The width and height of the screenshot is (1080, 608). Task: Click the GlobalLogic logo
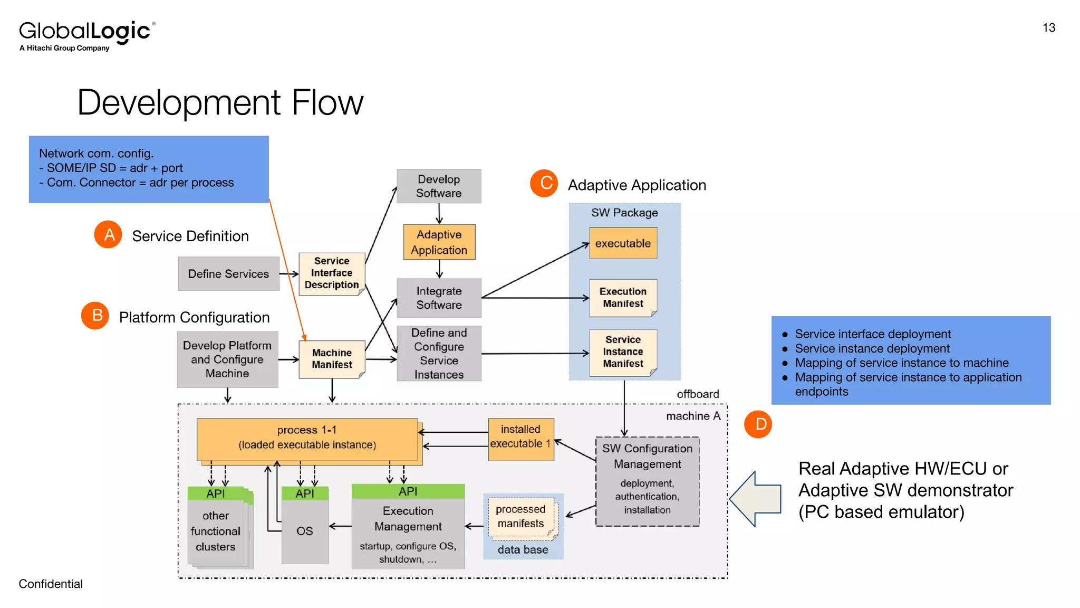tap(87, 35)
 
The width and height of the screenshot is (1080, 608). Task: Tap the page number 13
tap(1048, 28)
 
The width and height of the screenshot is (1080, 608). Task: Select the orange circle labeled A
tap(108, 234)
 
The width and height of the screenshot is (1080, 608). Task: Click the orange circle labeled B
tap(95, 316)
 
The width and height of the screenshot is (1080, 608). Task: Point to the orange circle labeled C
tap(544, 183)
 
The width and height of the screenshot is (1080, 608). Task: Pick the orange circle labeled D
tap(758, 424)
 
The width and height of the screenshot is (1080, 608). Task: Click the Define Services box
tap(228, 273)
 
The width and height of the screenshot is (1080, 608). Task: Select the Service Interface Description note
tap(332, 273)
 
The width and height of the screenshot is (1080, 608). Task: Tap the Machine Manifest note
tap(332, 359)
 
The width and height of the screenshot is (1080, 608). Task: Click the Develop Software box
tap(439, 186)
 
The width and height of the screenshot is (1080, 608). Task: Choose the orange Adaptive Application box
tap(439, 242)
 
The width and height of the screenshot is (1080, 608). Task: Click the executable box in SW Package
tap(623, 243)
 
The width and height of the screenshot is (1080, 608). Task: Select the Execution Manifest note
tap(623, 298)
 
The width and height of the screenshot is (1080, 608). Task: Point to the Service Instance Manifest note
tap(623, 352)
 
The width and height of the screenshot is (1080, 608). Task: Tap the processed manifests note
tap(521, 517)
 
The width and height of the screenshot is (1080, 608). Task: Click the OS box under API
tap(305, 531)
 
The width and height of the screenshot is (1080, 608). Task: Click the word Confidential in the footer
tap(51, 584)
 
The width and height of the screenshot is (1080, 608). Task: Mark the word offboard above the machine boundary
tap(698, 394)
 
